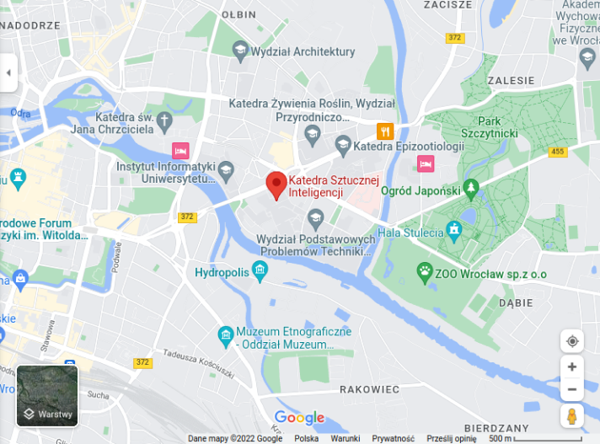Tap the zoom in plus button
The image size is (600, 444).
pos(572,366)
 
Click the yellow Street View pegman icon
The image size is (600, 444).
pos(572,415)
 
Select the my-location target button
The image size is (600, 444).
pos(572,341)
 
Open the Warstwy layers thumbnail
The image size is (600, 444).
pos(47,395)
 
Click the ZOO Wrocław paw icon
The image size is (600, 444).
pos(425,271)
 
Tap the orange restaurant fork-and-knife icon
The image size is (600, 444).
pos(385,131)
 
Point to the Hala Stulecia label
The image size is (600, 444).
pos(412,233)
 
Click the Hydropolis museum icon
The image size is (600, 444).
pos(260,271)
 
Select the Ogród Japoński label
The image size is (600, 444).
pos(419,191)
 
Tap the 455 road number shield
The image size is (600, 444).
pos(557,152)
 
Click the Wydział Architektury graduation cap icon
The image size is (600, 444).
pos(240,51)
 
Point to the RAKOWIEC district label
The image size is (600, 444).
pos(369,389)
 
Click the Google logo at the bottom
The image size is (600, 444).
pos(299,418)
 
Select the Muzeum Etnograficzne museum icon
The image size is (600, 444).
pos(226,336)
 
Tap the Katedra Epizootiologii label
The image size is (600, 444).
pos(409,147)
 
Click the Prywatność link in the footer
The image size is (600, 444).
pos(393,439)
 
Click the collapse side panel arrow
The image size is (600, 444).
pos(8,72)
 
